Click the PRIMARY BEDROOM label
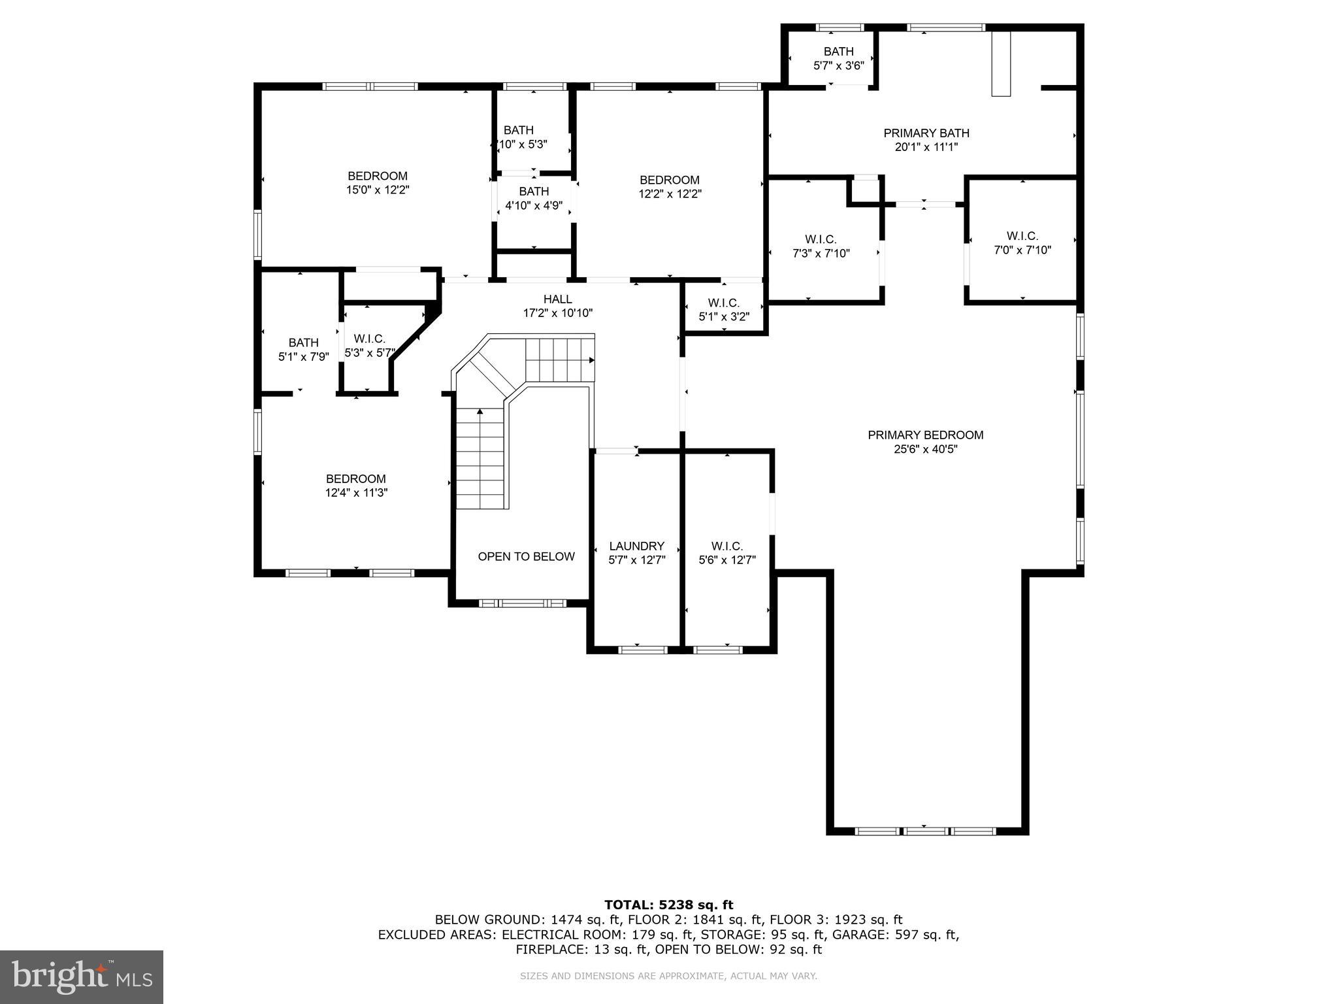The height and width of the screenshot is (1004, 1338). point(925,435)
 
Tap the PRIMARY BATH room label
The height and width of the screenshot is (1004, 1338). point(926,133)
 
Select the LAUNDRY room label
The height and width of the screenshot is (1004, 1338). point(636,546)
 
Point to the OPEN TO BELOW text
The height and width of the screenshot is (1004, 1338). point(526,556)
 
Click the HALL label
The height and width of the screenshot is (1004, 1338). point(557,299)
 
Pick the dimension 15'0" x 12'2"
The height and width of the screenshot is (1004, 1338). point(377,190)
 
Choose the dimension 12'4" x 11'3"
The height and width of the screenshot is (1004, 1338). point(356,493)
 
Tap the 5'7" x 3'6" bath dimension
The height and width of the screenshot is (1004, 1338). point(838,65)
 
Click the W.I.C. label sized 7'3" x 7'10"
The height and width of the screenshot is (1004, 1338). point(821,239)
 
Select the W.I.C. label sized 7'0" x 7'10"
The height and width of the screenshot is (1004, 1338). point(1022,235)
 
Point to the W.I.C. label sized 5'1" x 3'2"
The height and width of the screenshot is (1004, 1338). point(723,303)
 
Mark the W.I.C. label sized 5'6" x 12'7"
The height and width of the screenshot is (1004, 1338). point(726,546)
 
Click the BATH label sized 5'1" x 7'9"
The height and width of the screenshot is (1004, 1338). point(303,343)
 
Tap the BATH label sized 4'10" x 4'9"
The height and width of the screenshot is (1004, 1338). point(534,192)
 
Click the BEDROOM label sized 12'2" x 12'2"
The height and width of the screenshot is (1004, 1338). point(669,180)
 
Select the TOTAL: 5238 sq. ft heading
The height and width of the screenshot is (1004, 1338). point(668,905)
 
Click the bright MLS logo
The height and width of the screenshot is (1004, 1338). point(82,977)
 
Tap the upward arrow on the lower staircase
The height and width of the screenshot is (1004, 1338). point(480,412)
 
